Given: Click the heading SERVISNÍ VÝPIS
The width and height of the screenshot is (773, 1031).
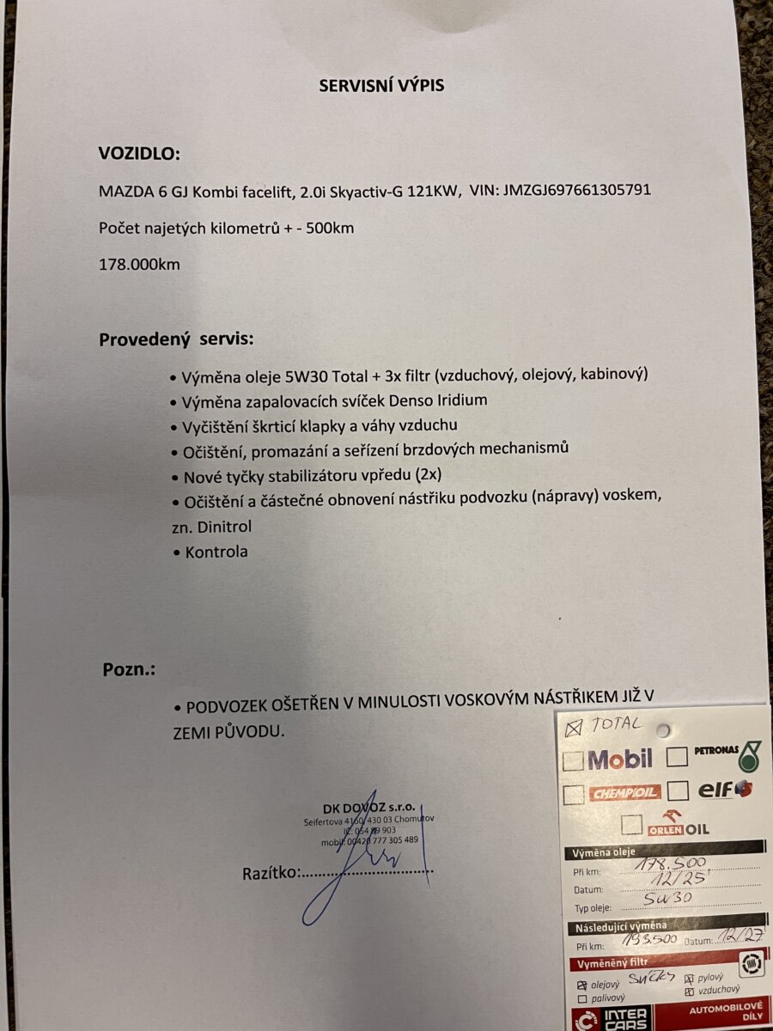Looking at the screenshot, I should coord(381,85).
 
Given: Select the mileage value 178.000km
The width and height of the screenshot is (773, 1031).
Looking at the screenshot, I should coord(139,264).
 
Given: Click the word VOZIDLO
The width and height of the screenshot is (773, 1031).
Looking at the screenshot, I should coord(140,154).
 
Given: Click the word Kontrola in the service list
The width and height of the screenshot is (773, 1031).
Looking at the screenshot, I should coord(216,552).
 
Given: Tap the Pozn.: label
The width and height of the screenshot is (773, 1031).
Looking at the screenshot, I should coord(129,669).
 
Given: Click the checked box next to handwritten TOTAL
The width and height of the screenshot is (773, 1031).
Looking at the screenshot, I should coord(574,728).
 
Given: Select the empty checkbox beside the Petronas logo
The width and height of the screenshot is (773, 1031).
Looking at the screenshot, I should coord(677,757).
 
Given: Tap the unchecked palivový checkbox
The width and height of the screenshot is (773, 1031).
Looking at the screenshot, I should coord(583,999).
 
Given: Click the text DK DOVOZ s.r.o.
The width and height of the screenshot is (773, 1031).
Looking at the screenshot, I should coord(368,808).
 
